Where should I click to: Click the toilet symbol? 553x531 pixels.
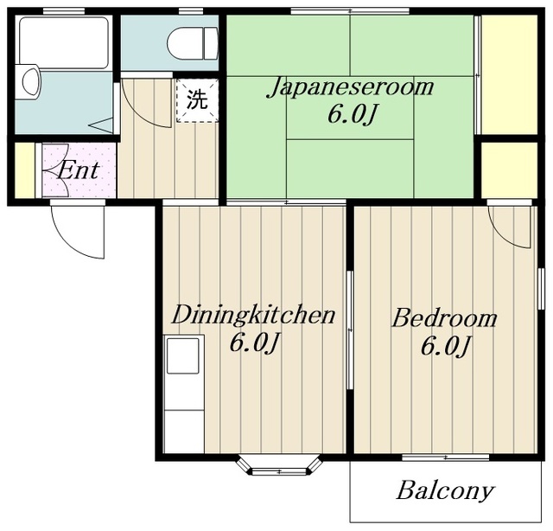[x=193, y=43]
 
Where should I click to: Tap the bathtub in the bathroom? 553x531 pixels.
[x=63, y=42]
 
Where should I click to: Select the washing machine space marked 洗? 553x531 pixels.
[x=197, y=100]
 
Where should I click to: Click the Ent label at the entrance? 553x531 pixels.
[x=79, y=171]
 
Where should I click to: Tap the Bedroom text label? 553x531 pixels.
[x=445, y=317]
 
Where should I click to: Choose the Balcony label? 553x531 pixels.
[x=445, y=490]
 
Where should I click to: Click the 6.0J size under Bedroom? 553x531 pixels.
[x=446, y=346]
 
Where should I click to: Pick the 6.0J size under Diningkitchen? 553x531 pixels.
[x=255, y=343]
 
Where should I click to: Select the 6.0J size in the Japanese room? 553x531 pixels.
[x=352, y=115]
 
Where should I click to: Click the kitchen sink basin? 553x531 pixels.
[x=182, y=355]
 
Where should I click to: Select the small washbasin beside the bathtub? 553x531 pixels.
[x=30, y=81]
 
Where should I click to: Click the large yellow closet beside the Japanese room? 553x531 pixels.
[x=509, y=75]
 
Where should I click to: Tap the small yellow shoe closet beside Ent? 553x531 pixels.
[x=25, y=170]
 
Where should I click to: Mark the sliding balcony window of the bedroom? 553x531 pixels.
[x=446, y=457]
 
